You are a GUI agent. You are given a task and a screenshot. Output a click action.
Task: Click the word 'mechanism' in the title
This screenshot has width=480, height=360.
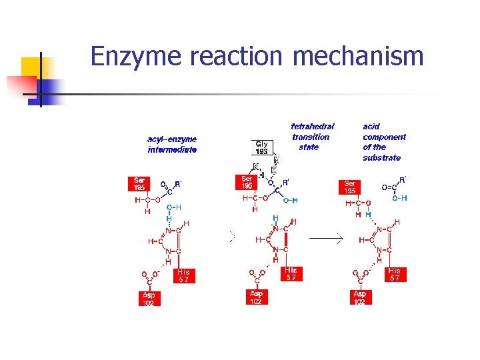358,56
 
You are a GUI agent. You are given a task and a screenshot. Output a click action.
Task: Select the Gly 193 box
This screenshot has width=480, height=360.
261,147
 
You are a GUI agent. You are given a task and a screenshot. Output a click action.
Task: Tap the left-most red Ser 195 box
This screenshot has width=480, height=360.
139,183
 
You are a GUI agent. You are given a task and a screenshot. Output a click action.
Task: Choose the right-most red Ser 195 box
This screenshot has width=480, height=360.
350,187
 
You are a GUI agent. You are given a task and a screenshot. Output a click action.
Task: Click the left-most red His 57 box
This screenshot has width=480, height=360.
183,275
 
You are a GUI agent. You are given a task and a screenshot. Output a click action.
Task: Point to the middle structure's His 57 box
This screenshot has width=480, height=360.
291,274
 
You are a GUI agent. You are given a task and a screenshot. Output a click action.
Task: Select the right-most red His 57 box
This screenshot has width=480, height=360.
395,275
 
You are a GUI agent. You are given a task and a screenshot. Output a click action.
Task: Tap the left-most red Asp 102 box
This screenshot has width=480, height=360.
148,299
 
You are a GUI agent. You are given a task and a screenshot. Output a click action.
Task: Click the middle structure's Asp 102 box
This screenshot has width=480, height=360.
256,297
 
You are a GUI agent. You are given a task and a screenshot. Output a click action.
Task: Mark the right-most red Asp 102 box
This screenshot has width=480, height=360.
360,297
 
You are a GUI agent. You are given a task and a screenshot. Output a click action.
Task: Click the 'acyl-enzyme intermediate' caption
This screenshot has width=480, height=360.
172,145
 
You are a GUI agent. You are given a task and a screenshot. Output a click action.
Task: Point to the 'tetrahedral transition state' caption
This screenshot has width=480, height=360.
312,136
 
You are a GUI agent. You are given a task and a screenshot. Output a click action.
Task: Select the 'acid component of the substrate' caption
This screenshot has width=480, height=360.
383,141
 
